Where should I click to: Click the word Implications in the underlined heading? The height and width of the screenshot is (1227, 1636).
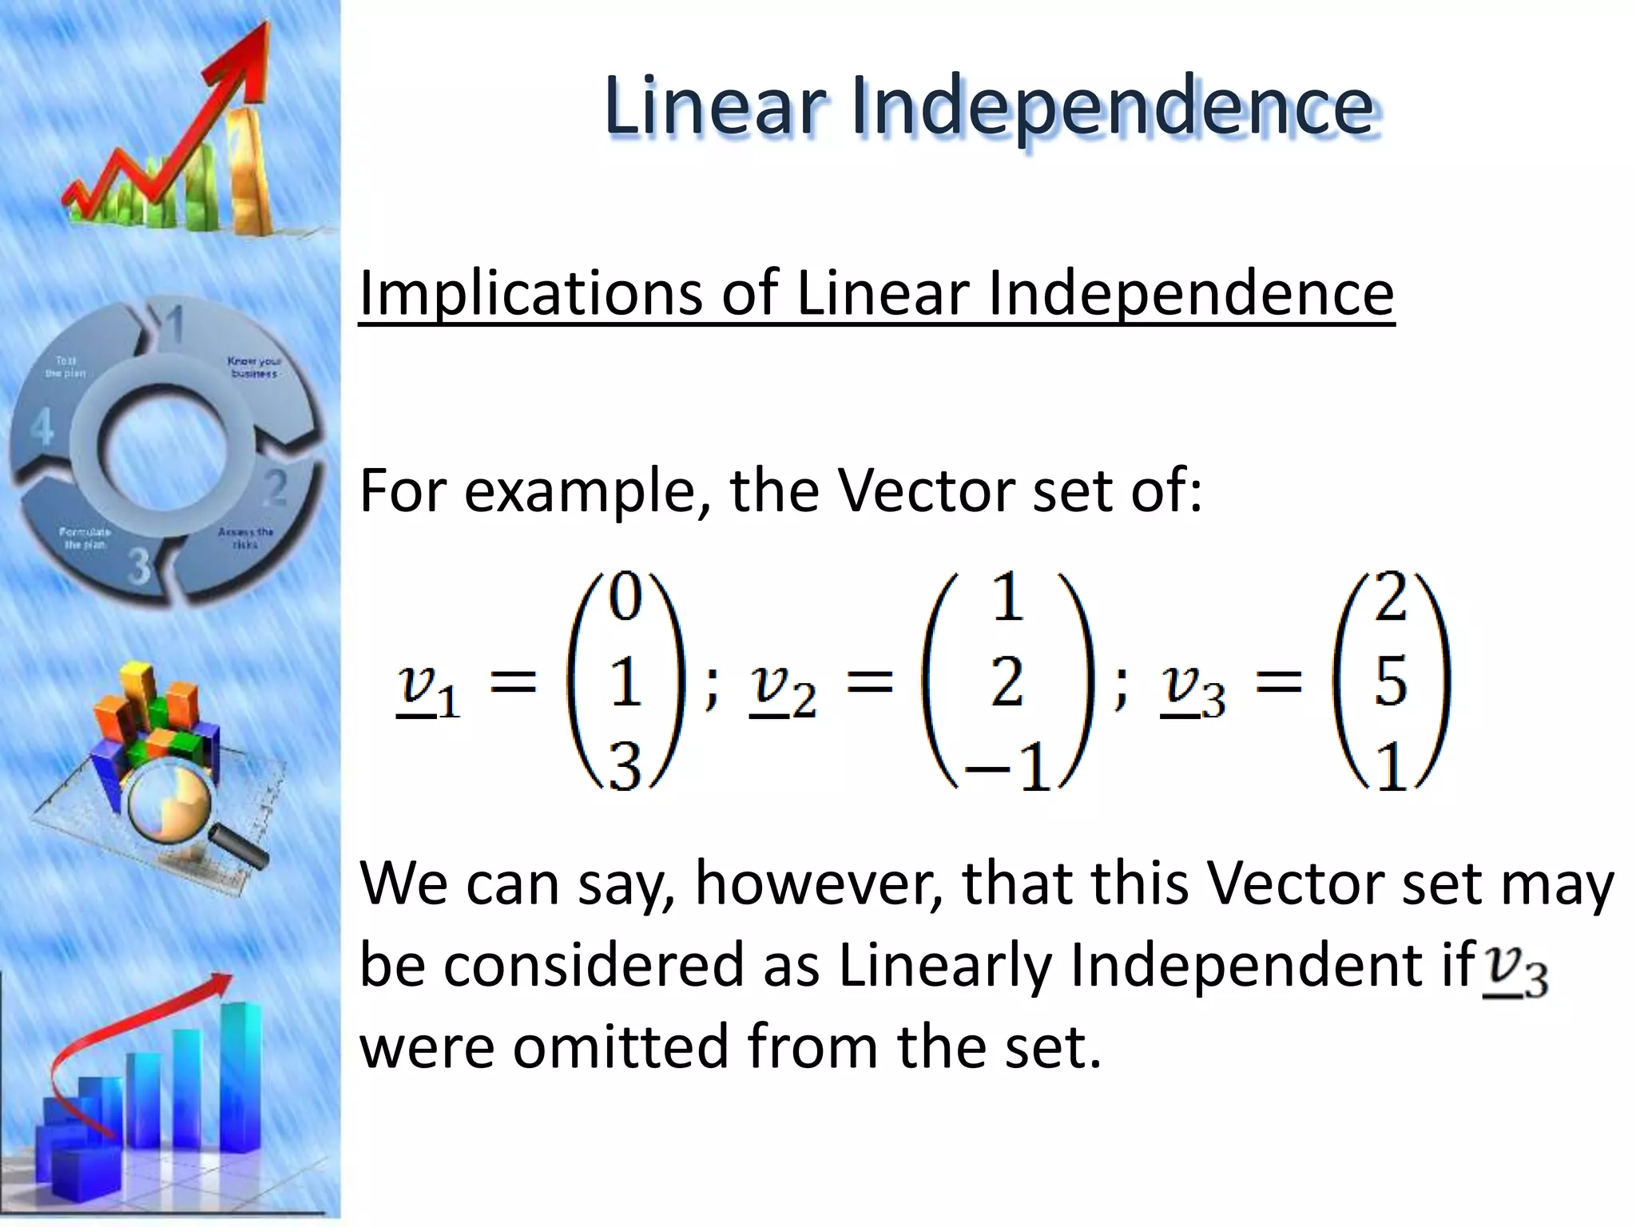pos(528,293)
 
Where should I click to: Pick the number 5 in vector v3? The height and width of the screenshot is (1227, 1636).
pos(1391,681)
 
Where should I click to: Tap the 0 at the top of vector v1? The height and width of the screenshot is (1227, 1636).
pos(625,598)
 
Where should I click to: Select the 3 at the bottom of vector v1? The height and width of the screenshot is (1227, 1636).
pos(625,766)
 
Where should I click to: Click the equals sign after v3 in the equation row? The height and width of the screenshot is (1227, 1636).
pos(1278,683)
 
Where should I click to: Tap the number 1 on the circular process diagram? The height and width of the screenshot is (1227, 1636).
pos(174,325)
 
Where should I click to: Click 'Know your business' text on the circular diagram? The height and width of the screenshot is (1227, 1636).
pos(253,367)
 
